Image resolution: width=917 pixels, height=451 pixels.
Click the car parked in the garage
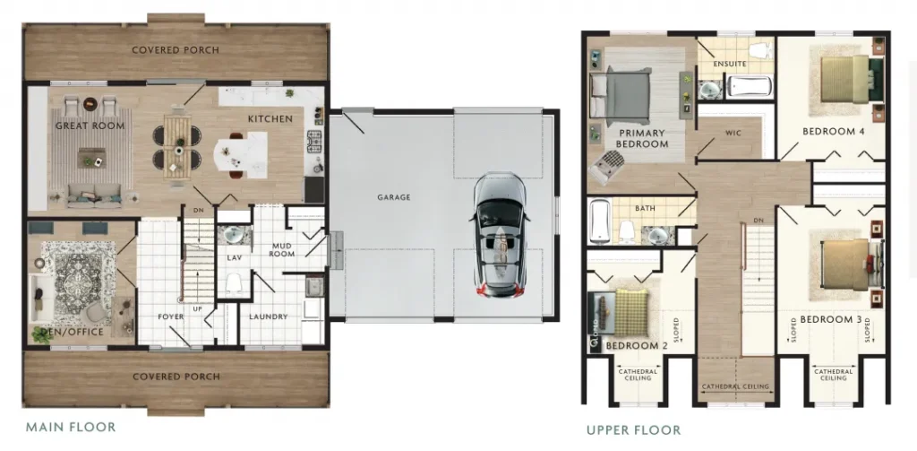(x=500, y=234)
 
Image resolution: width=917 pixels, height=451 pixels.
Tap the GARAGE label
(x=394, y=197)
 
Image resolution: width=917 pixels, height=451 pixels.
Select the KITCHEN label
(x=270, y=119)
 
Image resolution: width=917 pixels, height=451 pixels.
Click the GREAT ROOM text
(x=90, y=126)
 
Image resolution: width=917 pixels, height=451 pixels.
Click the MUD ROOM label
(x=282, y=250)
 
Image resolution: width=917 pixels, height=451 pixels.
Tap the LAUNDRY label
(x=269, y=317)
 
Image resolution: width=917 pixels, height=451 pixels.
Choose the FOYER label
(x=171, y=317)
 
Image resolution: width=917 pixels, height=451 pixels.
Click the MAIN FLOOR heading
(x=70, y=427)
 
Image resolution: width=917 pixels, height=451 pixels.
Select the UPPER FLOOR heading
(x=633, y=430)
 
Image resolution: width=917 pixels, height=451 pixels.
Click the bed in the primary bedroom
(x=621, y=95)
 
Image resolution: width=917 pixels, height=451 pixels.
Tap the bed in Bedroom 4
(x=845, y=79)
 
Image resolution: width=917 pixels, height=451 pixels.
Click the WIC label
(x=733, y=133)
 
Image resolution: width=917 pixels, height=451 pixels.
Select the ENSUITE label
(x=730, y=64)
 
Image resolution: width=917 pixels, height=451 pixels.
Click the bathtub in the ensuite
(x=749, y=86)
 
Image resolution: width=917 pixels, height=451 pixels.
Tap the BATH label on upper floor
(x=644, y=208)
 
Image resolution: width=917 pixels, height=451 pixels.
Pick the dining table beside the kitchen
(x=177, y=146)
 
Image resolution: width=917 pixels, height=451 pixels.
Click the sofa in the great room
(x=94, y=196)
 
